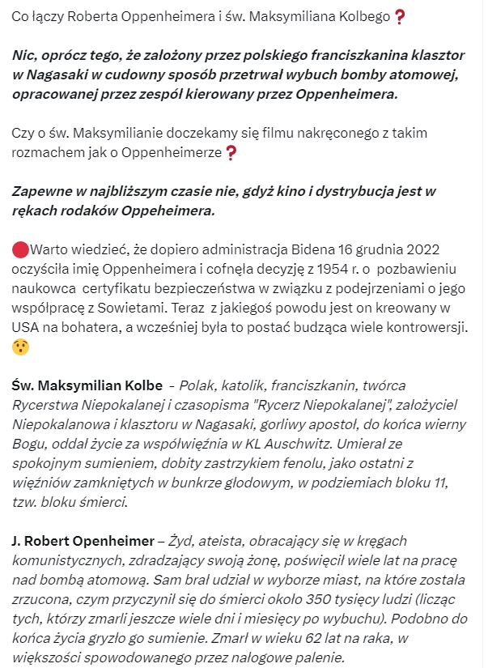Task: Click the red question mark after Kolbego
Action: tap(399, 17)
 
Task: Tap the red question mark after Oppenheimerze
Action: tap(231, 151)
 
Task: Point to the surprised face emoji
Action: tap(20, 346)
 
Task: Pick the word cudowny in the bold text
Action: tap(133, 75)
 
